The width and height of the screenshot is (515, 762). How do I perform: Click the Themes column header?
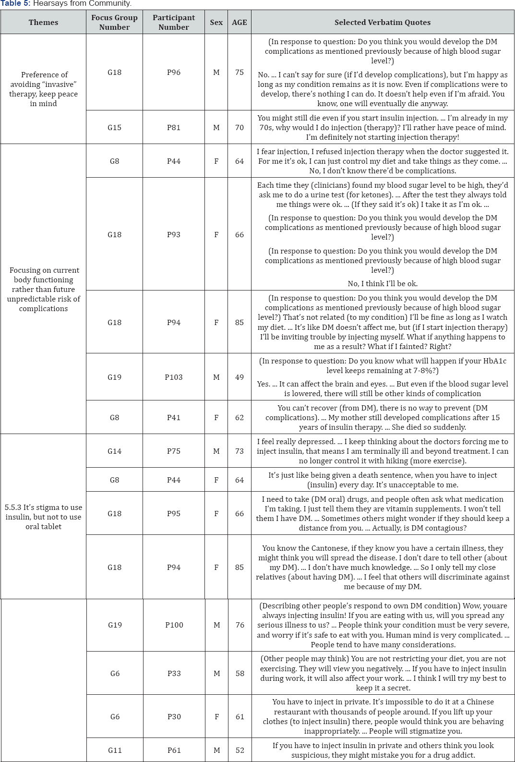(x=43, y=23)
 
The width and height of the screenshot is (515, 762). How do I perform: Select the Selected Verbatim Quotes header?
(x=382, y=23)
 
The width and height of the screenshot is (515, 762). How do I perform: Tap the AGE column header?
(x=240, y=23)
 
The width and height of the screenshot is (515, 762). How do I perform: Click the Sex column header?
(x=216, y=23)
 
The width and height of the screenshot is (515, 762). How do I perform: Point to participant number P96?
(x=174, y=73)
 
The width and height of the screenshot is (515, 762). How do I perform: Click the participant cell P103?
(x=174, y=377)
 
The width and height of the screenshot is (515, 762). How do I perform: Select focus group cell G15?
(x=114, y=128)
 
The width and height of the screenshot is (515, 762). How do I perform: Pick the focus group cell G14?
(x=114, y=451)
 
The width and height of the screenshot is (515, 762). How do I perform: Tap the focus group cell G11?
(x=115, y=750)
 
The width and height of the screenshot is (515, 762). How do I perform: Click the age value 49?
(x=240, y=377)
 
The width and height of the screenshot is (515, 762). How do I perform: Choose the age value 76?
(x=240, y=625)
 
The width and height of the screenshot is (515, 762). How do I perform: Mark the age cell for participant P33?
(x=240, y=674)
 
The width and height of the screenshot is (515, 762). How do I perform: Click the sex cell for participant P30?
(x=217, y=717)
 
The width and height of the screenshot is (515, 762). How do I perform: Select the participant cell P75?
(x=174, y=451)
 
